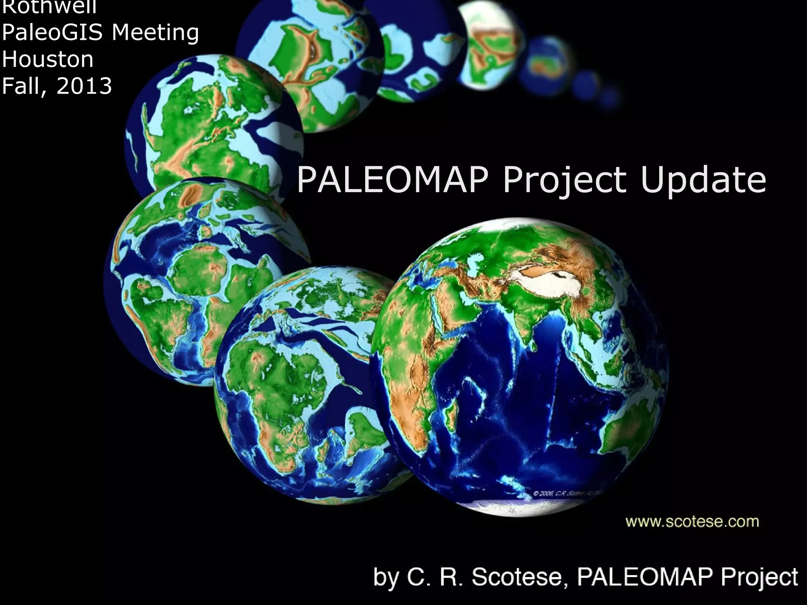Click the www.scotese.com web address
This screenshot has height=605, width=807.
(692, 522)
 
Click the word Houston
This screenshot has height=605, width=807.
(48, 59)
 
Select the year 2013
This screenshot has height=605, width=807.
(85, 86)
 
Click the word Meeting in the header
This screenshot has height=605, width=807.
(156, 33)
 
